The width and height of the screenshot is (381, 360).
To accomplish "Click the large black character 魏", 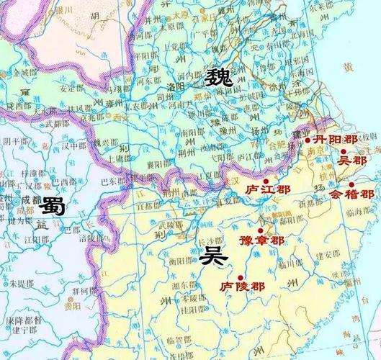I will click(219, 77).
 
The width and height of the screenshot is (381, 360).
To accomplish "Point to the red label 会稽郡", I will click(352, 194).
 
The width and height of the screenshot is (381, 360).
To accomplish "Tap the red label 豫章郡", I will click(261, 240).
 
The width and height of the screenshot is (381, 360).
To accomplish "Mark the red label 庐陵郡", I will click(242, 286).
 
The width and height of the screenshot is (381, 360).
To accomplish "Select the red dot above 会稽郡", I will click(351, 184).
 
